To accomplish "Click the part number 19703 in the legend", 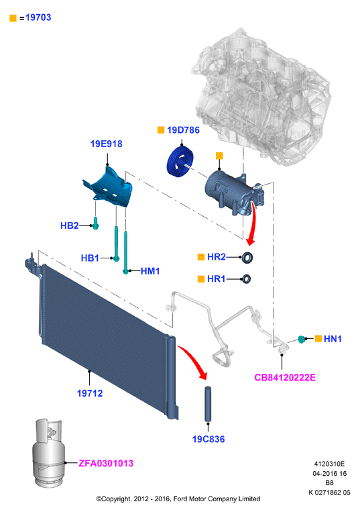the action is (x=38, y=17).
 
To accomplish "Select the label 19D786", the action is (x=183, y=130).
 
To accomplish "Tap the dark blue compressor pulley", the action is (x=180, y=161).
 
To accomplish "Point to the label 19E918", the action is (x=107, y=144).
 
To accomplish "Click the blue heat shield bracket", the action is (x=109, y=188).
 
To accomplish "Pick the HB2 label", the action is (x=70, y=225).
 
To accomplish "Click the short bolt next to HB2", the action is (x=96, y=223).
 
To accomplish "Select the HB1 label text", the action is (x=90, y=258).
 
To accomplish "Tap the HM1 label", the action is (x=150, y=271).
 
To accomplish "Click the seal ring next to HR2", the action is (x=247, y=258).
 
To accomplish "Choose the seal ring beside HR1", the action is (x=246, y=279).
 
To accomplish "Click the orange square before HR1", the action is (x=201, y=279).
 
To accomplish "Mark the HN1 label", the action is (x=333, y=339).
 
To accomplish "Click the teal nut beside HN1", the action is (x=302, y=339).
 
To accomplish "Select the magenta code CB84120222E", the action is (x=285, y=378).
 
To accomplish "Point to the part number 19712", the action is (x=90, y=393).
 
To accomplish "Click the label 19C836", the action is (x=208, y=439).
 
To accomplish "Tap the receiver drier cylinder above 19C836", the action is (x=208, y=404).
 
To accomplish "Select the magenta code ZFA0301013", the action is (x=106, y=463).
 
